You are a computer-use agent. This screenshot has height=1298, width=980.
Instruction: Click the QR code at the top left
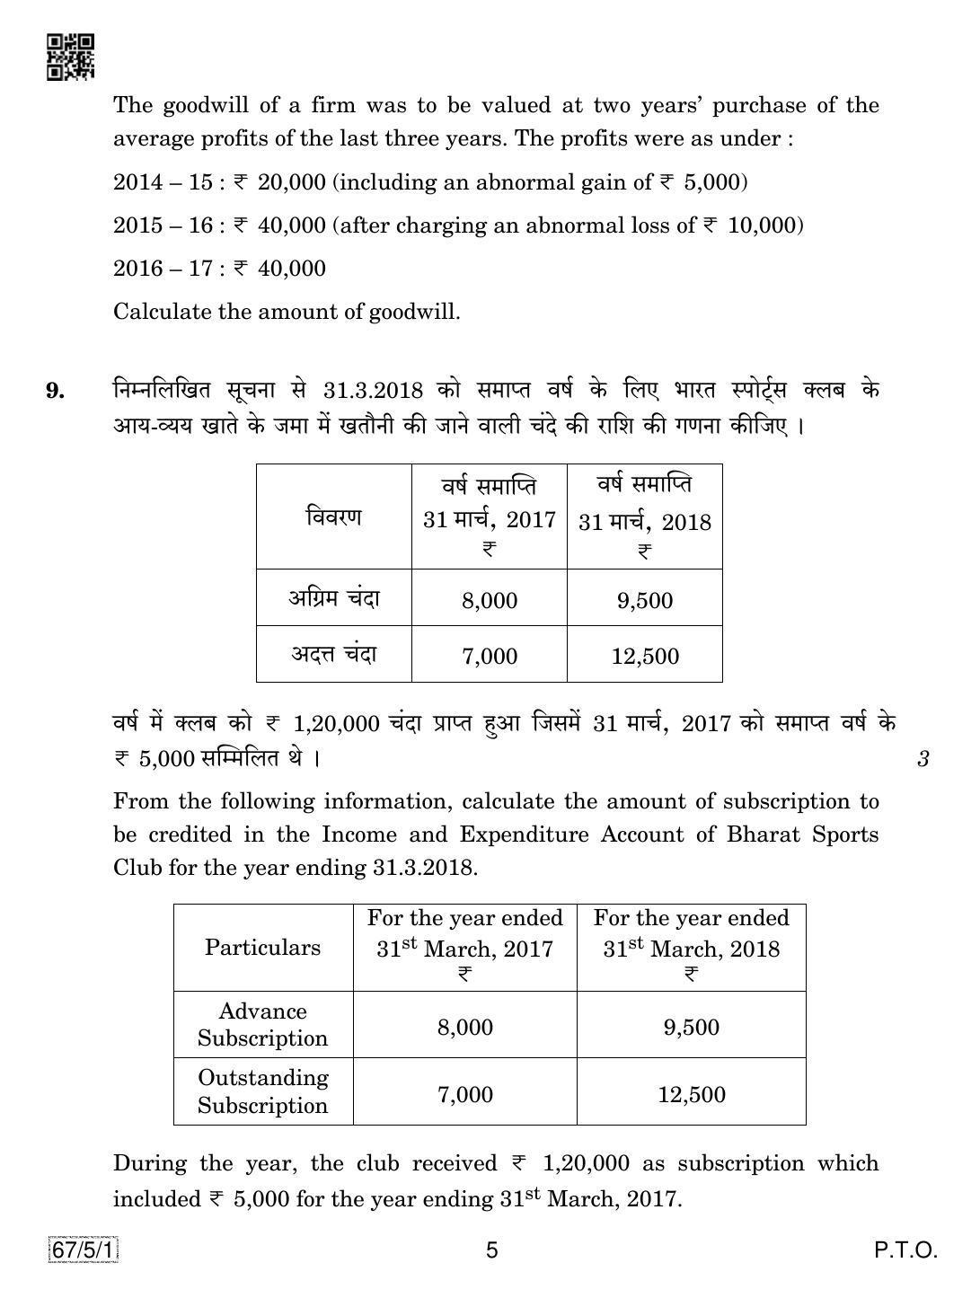70,57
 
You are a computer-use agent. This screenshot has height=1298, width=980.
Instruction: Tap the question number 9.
56,390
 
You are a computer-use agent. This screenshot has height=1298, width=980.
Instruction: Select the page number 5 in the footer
491,1249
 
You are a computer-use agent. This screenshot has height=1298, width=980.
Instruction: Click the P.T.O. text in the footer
905,1249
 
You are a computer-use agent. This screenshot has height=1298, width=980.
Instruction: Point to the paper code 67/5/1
84,1249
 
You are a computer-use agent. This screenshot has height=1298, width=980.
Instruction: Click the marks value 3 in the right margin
923,759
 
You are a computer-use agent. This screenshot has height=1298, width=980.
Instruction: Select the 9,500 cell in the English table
691,1027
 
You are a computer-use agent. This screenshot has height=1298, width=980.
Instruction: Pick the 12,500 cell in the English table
691,1094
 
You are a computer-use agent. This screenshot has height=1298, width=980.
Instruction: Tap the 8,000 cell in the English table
464,1027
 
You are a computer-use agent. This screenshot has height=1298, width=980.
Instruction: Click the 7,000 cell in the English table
464,1094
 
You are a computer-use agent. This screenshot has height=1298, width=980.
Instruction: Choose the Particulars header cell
262,948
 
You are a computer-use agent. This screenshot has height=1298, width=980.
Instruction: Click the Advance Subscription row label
262,1025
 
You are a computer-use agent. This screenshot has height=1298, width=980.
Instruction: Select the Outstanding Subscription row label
262,1091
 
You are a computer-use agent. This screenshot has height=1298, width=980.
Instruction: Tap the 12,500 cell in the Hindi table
644,656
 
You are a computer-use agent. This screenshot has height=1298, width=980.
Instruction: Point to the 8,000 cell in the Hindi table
489,600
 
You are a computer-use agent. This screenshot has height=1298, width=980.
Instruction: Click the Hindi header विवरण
333,517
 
